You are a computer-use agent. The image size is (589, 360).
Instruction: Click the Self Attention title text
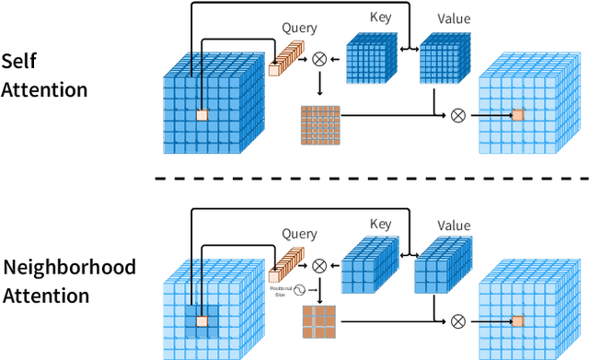coord(44,75)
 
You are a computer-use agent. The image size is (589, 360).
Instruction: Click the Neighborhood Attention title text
coord(69,281)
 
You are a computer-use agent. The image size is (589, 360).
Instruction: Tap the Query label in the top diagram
coord(299,29)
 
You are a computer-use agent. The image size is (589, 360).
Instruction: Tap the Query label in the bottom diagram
coord(299,234)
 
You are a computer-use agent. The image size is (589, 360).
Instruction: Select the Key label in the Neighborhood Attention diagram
coord(380,224)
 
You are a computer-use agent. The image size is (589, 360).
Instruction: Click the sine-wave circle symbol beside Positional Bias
coord(299,289)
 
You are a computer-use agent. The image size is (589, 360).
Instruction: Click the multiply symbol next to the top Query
coord(319,58)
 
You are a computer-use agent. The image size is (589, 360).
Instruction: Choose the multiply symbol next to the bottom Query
coord(319,265)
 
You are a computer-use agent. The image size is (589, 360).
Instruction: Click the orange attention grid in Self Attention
coord(319,125)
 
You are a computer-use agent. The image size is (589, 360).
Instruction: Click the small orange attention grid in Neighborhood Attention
coord(319,323)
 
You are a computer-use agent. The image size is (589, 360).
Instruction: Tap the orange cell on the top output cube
coord(517,115)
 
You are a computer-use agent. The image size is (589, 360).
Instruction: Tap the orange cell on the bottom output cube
coord(517,320)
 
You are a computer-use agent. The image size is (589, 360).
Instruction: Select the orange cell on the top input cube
coord(202,115)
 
